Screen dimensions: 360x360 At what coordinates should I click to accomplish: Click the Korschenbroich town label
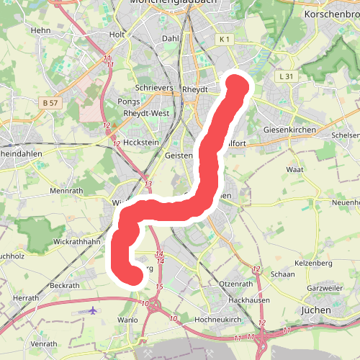pos(332,14)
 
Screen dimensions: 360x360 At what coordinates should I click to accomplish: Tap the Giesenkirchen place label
pos(289,130)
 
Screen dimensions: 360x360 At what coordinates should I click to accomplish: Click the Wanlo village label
pos(127,319)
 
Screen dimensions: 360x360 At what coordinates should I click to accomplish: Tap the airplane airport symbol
pos(93,310)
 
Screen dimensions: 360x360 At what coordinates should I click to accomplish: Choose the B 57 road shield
pos(50,104)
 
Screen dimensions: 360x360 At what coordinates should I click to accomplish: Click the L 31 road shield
pos(286,76)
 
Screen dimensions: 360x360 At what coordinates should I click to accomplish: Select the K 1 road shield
pos(225,39)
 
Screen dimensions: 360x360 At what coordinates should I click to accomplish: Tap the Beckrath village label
pos(66,286)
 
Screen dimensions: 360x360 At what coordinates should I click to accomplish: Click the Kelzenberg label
pos(314,263)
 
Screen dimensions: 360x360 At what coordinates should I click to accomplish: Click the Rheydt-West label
pos(146,113)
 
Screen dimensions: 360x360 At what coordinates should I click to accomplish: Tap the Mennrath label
pos(67,192)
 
